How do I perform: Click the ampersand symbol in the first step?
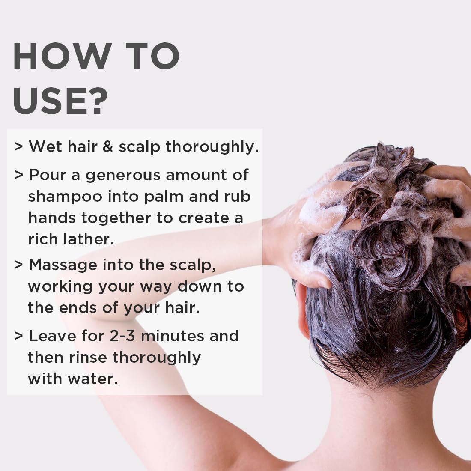pos(108,147)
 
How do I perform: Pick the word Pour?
pos(48,175)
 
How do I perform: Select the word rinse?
pos(88,358)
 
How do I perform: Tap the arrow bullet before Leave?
pos(18,336)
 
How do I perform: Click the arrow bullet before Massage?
pos(18,265)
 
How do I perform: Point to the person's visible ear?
pos(301,310)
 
